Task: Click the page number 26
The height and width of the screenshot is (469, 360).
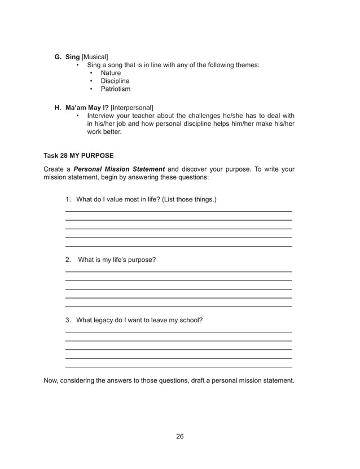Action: tap(179, 436)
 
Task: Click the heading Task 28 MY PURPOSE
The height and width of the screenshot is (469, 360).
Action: tap(78, 155)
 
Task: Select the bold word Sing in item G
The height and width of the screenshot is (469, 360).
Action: tap(73, 57)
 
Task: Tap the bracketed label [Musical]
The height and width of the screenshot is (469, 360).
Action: tap(95, 57)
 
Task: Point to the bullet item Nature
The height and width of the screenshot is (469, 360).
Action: tap(111, 73)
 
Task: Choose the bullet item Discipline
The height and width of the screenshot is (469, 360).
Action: tap(115, 81)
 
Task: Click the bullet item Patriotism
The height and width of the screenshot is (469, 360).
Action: tap(115, 89)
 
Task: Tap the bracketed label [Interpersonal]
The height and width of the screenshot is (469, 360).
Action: tap(132, 107)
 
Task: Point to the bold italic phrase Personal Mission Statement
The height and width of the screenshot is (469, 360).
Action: tap(119, 169)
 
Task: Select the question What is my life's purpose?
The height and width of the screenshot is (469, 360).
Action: tap(117, 260)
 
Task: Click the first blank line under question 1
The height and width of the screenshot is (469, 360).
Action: tap(178, 211)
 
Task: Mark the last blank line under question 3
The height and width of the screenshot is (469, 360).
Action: tap(178, 367)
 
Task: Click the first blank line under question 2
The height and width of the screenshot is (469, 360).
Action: tap(178, 271)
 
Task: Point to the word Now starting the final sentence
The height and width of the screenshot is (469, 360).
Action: tap(51, 380)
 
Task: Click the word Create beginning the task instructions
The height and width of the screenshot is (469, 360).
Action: tap(54, 169)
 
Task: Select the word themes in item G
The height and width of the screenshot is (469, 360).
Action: tap(247, 65)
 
